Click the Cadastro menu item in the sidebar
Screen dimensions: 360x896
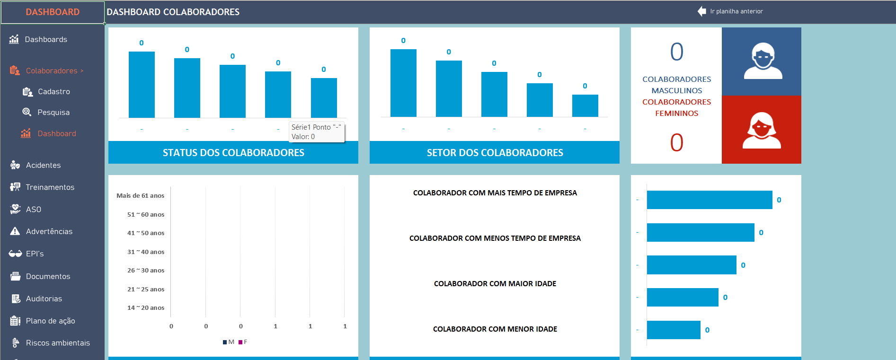(x=53, y=92)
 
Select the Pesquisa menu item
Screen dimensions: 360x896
(x=53, y=113)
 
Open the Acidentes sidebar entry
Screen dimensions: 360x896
(x=43, y=166)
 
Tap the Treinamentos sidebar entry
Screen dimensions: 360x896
(x=50, y=187)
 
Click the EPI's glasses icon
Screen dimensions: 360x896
(x=15, y=254)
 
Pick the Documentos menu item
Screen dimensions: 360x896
(x=48, y=277)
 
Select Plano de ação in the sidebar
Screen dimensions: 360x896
(x=50, y=321)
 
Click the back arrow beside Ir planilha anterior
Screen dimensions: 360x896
(x=701, y=11)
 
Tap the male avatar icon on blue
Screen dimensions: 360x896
(x=763, y=61)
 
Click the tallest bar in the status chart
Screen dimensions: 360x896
(x=142, y=85)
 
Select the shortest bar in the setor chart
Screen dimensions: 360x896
(x=585, y=105)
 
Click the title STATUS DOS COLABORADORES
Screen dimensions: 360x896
(x=233, y=153)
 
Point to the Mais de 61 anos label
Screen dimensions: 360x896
(x=140, y=196)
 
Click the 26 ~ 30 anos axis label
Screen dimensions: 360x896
(x=146, y=271)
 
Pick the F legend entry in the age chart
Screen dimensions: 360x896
(x=243, y=342)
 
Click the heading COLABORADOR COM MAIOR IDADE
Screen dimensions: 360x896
(x=495, y=284)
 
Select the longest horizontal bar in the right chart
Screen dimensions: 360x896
(x=709, y=200)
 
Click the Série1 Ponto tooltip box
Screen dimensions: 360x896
(x=316, y=132)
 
